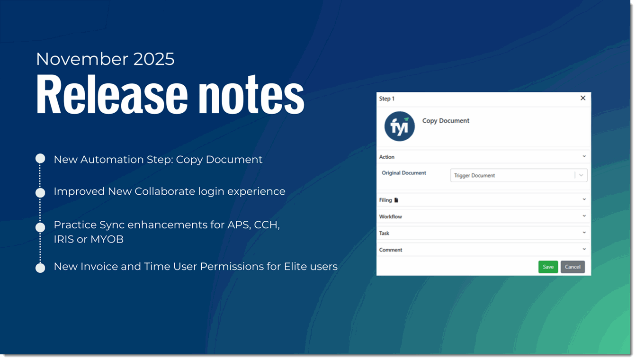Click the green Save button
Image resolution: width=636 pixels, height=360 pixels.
[548, 267]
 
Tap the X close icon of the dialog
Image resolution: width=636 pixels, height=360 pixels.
[583, 98]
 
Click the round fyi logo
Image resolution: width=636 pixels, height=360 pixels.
[400, 126]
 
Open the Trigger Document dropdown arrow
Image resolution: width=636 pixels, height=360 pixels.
[581, 175]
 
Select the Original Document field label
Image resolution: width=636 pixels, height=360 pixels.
[404, 173]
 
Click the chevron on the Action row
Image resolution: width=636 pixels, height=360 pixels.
[584, 156]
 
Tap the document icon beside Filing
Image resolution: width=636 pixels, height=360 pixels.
[396, 200]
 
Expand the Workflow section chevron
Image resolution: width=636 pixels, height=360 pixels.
[584, 216]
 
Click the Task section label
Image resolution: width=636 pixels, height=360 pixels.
[384, 234]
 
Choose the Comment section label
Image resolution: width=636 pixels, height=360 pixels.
[391, 250]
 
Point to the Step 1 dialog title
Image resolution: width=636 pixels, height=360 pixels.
[387, 99]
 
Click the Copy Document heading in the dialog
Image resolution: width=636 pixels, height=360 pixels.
[446, 121]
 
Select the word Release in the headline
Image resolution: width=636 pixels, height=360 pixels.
[112, 95]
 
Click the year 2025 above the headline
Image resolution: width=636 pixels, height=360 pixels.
[153, 59]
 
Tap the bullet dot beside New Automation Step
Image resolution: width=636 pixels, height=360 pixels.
[40, 158]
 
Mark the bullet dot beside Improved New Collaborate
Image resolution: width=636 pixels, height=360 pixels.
[40, 192]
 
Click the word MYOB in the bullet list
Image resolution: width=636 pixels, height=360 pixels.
[107, 239]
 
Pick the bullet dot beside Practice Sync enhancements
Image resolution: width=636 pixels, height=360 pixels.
[40, 227]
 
